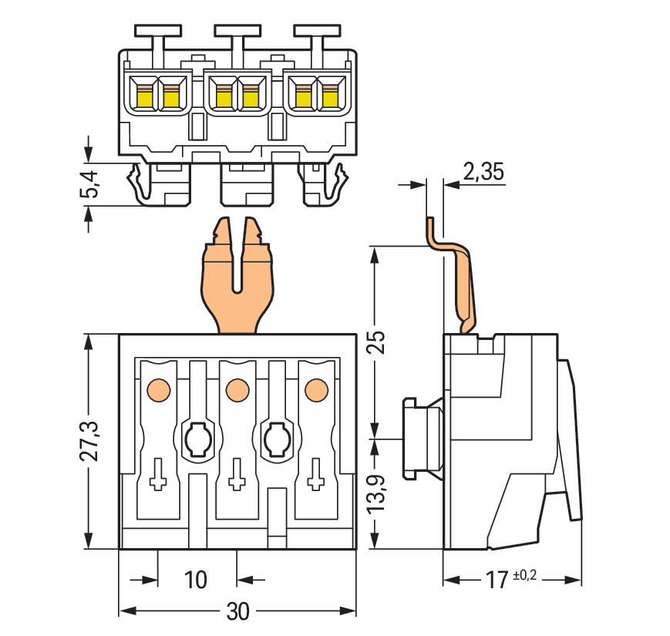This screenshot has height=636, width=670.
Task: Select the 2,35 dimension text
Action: (x=483, y=171)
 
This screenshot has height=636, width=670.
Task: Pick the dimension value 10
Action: (x=196, y=580)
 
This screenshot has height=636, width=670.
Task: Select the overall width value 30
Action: (x=238, y=612)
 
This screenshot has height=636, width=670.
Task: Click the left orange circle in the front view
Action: (x=157, y=390)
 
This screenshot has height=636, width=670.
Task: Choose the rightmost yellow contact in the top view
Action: (x=330, y=96)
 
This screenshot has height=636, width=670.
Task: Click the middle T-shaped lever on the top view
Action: (x=237, y=32)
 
